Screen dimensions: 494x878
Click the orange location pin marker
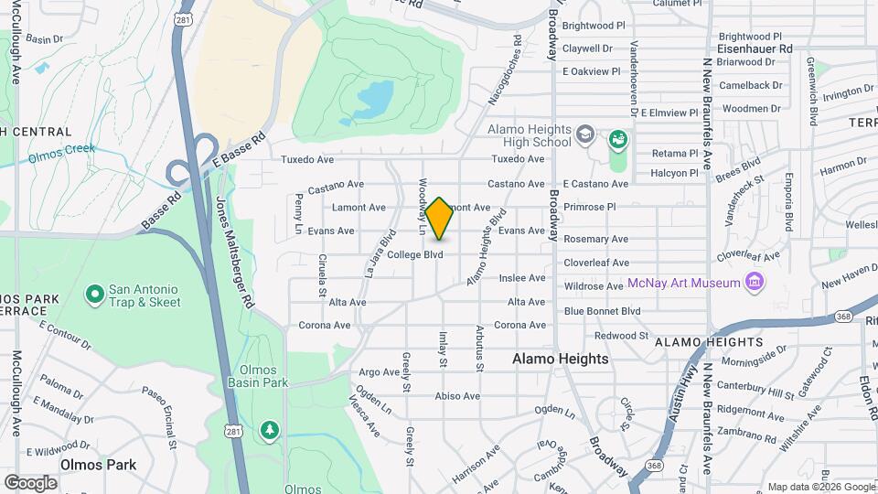click(x=440, y=219)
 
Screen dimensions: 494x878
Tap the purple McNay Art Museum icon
click(x=755, y=282)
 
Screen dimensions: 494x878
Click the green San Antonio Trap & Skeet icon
click(x=94, y=294)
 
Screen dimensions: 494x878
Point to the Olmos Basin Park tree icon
click(x=268, y=429)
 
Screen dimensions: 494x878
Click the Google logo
click(x=31, y=482)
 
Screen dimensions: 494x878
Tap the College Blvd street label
click(x=414, y=254)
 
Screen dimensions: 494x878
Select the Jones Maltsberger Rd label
click(x=235, y=252)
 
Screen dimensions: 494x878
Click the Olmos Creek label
click(x=61, y=153)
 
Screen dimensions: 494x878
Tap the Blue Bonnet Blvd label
click(x=602, y=311)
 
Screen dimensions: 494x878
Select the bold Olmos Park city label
click(x=98, y=465)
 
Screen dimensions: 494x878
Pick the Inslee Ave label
click(x=522, y=278)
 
